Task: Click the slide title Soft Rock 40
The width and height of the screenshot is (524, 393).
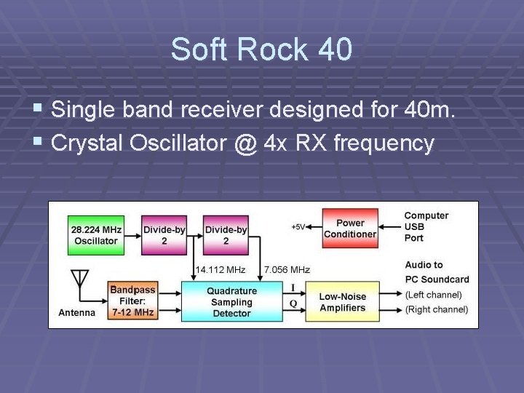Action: pyautogui.click(x=261, y=49)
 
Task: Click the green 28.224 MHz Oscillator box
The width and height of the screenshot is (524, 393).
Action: pyautogui.click(x=95, y=234)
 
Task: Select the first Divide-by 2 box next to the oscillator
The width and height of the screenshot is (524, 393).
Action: pyautogui.click(x=164, y=234)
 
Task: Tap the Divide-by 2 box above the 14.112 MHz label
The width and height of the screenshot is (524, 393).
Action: pyautogui.click(x=226, y=234)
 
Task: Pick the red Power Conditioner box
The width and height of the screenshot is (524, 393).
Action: pyautogui.click(x=350, y=229)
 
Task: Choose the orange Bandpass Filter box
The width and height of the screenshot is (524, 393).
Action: pyautogui.click(x=132, y=301)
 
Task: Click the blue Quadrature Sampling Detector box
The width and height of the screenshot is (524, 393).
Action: pyautogui.click(x=231, y=301)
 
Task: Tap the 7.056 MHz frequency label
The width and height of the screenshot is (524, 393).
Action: pyautogui.click(x=287, y=269)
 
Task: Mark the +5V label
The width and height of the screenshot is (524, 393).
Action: pyautogui.click(x=298, y=227)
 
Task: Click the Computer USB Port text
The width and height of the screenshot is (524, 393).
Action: pyautogui.click(x=426, y=226)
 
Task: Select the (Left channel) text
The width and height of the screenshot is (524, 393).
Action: pyautogui.click(x=434, y=295)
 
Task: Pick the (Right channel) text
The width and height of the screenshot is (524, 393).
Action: pyautogui.click(x=437, y=309)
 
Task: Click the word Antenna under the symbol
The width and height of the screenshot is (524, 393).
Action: pyautogui.click(x=77, y=313)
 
